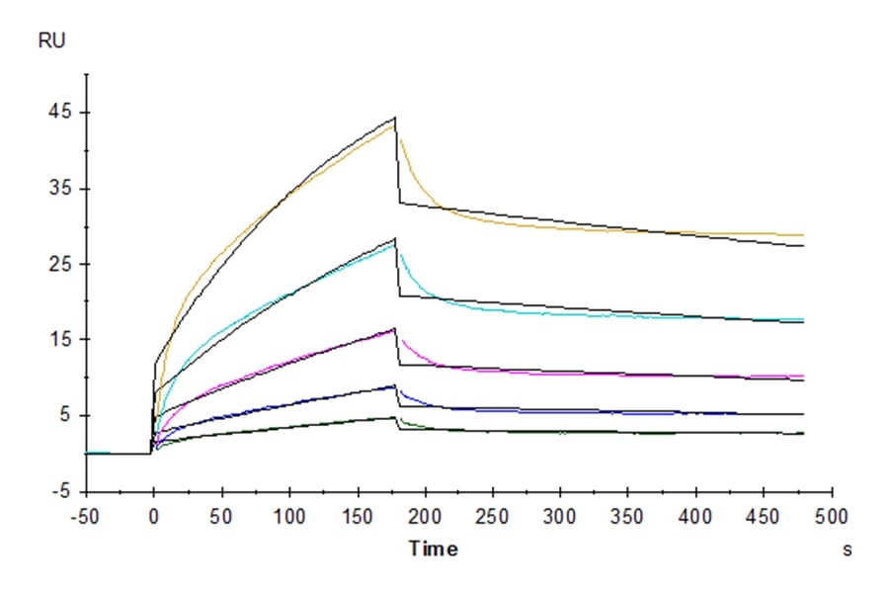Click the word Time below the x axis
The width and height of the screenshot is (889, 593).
coord(433,549)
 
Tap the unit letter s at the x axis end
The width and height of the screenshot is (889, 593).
coord(847,550)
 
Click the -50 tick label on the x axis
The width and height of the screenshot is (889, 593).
coord(86,516)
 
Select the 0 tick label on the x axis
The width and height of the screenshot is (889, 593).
coord(153,516)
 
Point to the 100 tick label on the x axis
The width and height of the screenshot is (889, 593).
coord(289,516)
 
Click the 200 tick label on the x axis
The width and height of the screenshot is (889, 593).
coord(425,516)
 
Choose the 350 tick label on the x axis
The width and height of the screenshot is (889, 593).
coord(628,516)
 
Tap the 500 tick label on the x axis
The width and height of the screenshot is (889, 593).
coord(832,516)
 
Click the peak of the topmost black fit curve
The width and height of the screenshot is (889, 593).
coord(395,118)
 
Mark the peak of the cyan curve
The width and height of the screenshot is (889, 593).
coord(394,245)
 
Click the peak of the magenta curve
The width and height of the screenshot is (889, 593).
coord(394,330)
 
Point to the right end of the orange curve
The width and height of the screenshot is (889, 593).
coord(803,235)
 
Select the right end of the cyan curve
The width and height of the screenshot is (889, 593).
coord(803,319)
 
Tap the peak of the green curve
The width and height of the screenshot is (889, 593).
coord(394,418)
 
